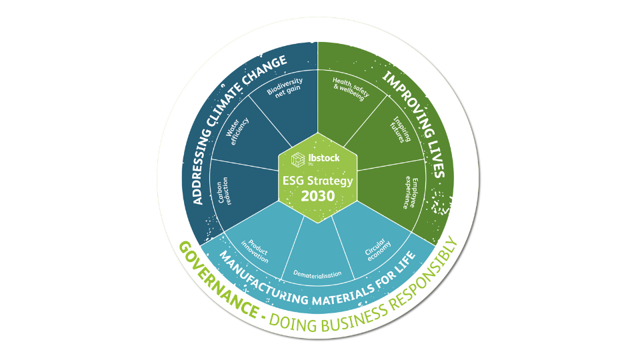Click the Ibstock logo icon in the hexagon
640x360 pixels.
[299, 159]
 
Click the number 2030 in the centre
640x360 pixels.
[318, 196]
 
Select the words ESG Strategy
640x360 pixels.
[318, 180]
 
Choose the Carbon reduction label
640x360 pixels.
[225, 190]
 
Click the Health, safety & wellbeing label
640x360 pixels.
[349, 89]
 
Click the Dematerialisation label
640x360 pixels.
[318, 273]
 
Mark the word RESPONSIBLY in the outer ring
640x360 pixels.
[427, 274]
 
